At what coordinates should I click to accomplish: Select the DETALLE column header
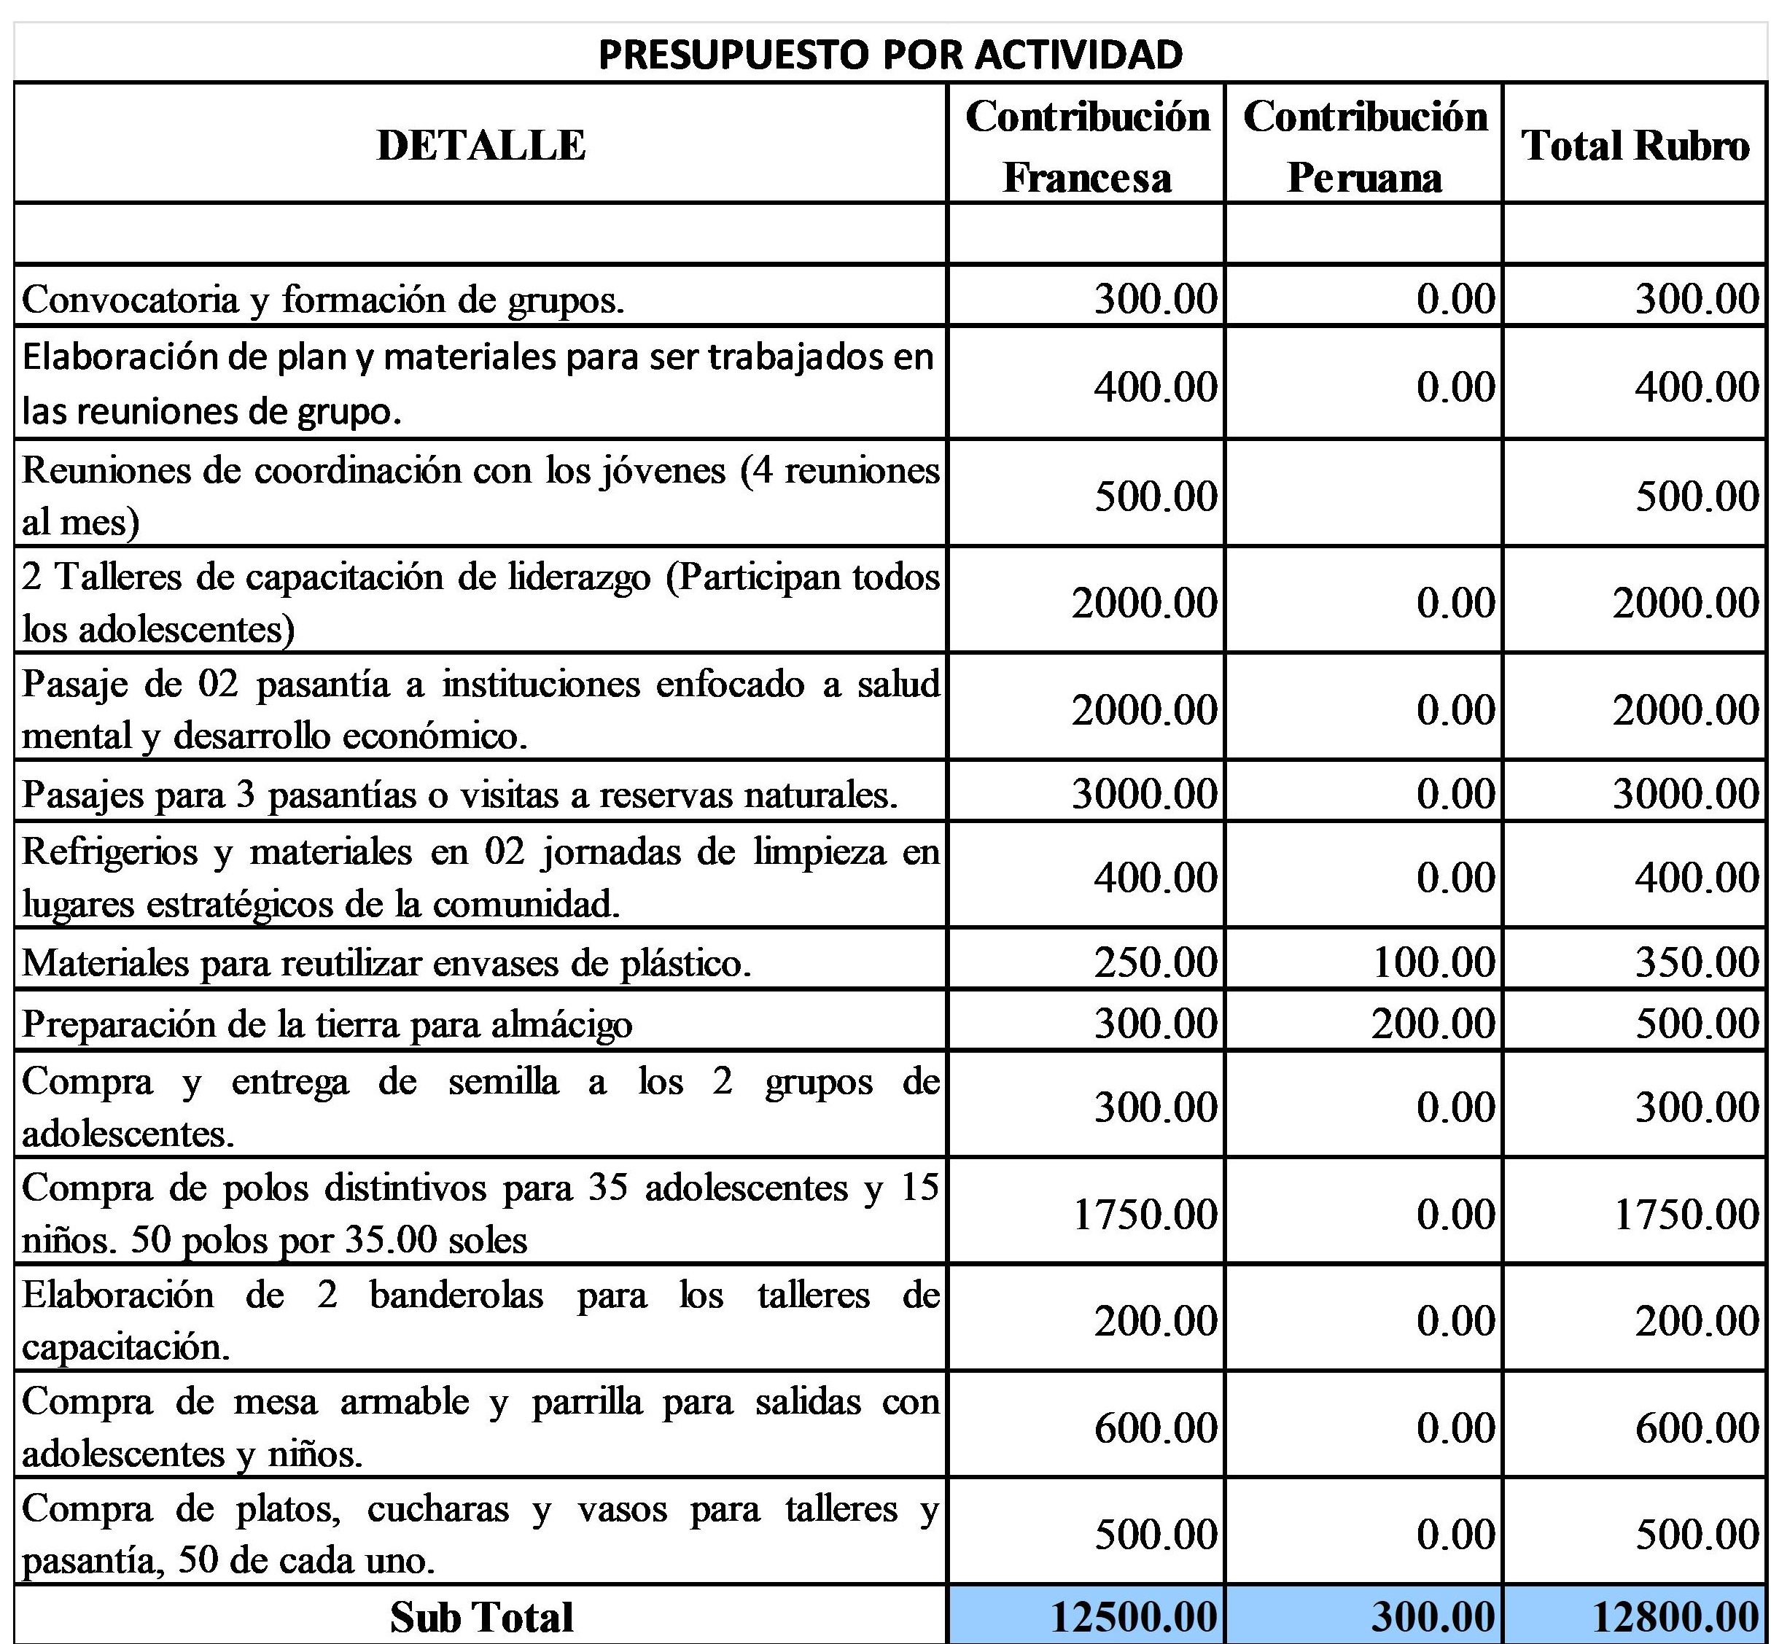pyautogui.click(x=480, y=145)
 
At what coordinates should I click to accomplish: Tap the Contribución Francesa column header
pyautogui.click(x=1087, y=146)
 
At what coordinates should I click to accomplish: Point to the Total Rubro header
pyautogui.click(x=1635, y=146)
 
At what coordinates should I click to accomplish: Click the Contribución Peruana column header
pyautogui.click(x=1364, y=146)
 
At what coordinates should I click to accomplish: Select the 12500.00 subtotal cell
pyautogui.click(x=1133, y=1616)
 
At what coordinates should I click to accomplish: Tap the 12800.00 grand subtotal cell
pyautogui.click(x=1675, y=1616)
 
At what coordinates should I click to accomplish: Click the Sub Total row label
pyautogui.click(x=480, y=1616)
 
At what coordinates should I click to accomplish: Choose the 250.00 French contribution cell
pyautogui.click(x=1155, y=962)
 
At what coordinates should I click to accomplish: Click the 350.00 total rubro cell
pyautogui.click(x=1697, y=962)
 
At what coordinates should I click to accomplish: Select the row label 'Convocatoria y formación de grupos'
pyautogui.click(x=323, y=300)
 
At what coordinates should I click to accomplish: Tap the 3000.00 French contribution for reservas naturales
pyautogui.click(x=1144, y=793)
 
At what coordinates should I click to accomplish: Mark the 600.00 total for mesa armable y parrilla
pyautogui.click(x=1697, y=1427)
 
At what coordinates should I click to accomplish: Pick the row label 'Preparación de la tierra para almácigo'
pyautogui.click(x=327, y=1024)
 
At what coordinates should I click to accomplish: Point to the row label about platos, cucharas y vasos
pyautogui.click(x=480, y=1534)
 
